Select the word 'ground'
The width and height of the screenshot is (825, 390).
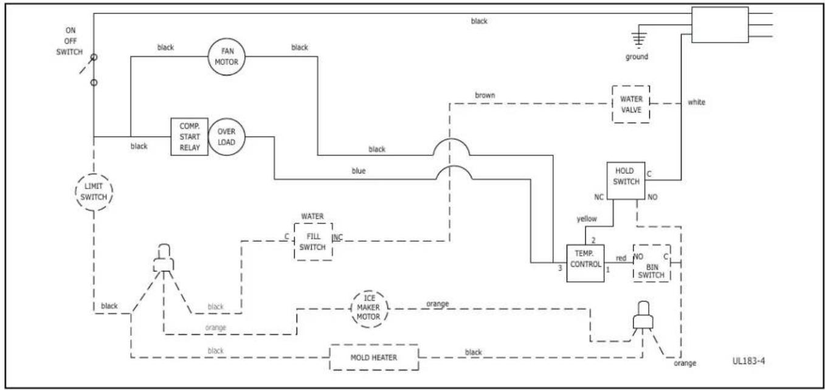coord(637,56)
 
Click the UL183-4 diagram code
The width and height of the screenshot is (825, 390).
coord(748,361)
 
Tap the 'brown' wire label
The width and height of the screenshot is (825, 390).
coord(485,95)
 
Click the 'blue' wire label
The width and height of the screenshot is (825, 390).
coord(358,171)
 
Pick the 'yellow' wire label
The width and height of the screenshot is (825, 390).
coord(587,219)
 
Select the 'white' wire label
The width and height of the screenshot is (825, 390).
coord(697,102)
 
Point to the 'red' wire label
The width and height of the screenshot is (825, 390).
coord(621,258)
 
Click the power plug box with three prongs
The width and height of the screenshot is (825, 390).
coord(720,25)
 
